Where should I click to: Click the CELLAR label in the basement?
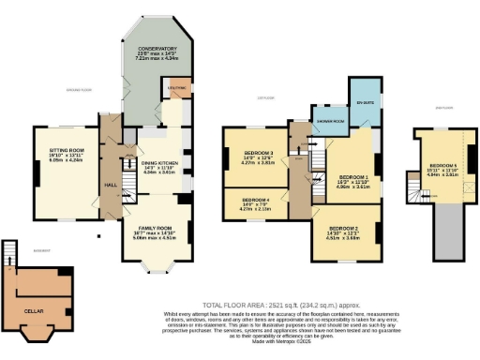coord(37,307)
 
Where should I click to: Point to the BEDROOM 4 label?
coord(255,200)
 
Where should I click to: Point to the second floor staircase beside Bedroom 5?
coord(413,192)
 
